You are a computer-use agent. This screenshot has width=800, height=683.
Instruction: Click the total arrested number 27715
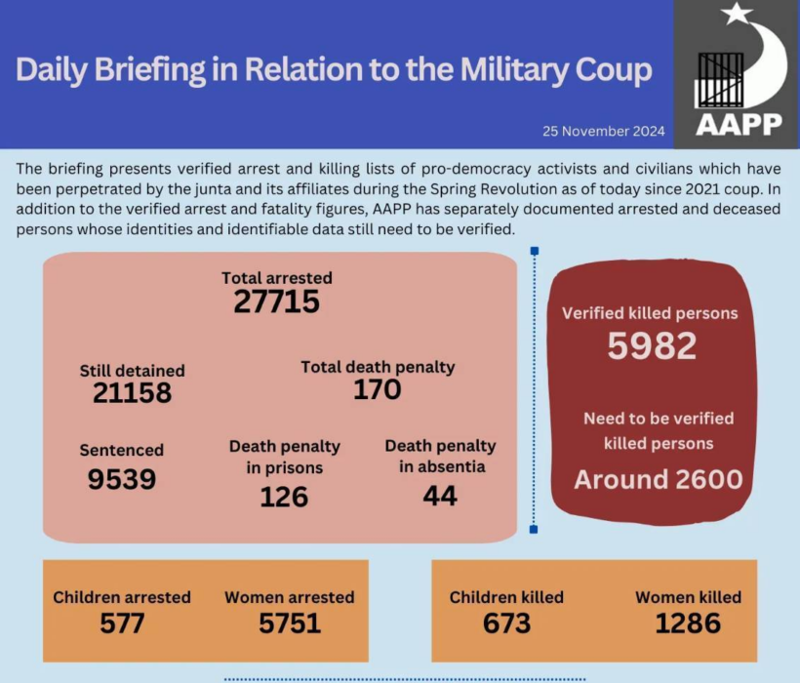(276, 302)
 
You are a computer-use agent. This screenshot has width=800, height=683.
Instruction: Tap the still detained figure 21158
(133, 392)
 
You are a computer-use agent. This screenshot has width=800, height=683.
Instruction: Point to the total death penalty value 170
(378, 390)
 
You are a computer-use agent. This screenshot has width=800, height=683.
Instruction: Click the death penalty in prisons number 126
(284, 497)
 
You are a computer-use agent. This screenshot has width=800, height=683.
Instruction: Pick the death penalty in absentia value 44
(440, 496)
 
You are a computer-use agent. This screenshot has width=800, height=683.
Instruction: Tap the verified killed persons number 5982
(652, 345)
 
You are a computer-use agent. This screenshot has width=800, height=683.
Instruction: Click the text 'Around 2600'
(658, 479)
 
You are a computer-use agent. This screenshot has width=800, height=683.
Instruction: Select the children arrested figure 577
(122, 622)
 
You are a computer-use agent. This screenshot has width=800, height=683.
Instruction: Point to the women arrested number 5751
(290, 622)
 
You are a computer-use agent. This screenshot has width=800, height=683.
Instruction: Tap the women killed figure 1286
(688, 622)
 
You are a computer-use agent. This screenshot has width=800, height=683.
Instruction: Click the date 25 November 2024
(604, 131)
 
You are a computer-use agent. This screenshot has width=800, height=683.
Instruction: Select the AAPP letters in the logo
(739, 125)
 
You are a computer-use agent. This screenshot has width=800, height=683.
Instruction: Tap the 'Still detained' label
(132, 371)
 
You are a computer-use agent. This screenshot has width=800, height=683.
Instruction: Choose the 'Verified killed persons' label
(650, 314)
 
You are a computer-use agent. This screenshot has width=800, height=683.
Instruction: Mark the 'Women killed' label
(688, 597)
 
